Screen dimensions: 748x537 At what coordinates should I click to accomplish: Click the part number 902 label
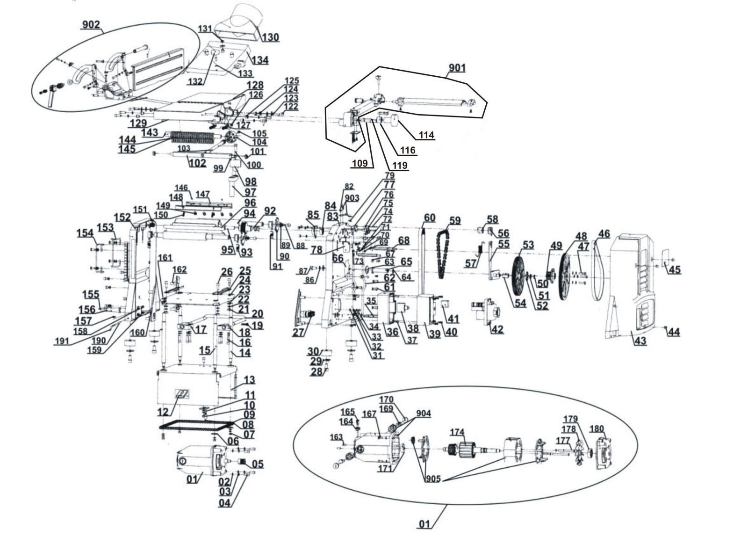[x=91, y=25]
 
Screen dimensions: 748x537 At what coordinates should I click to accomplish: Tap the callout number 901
[x=457, y=68]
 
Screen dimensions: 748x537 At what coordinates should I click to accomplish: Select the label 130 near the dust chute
[x=270, y=37]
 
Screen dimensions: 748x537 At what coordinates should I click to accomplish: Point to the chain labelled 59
[x=444, y=254]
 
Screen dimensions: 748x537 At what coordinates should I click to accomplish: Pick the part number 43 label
[x=640, y=341]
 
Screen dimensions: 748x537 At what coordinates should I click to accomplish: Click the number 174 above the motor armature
[x=457, y=432]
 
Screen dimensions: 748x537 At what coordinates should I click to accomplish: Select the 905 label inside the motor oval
[x=433, y=479]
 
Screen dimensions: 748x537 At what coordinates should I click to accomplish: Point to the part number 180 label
[x=597, y=428]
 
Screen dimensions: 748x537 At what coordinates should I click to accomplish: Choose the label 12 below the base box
[x=163, y=412]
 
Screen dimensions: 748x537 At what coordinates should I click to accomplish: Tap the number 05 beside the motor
[x=258, y=464]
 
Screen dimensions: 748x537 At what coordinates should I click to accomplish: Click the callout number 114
[x=426, y=135]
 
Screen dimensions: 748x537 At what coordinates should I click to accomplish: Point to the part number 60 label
[x=430, y=218]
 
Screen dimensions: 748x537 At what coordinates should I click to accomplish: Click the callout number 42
[x=497, y=329]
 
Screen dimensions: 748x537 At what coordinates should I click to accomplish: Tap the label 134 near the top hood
[x=260, y=60]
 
